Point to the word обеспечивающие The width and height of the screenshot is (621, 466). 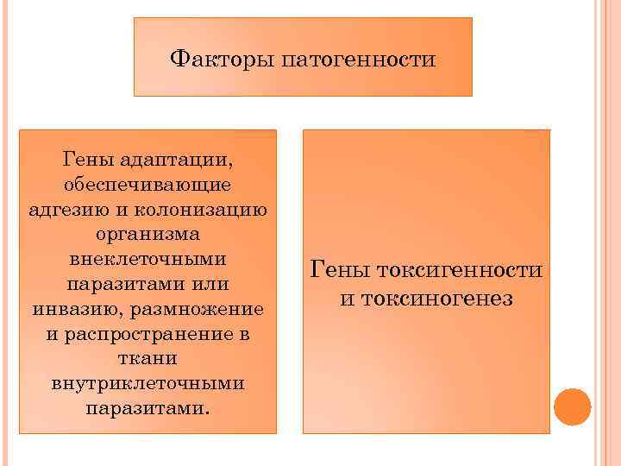(147, 185)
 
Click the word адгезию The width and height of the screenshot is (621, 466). (61, 210)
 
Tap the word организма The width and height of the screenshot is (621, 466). (147, 234)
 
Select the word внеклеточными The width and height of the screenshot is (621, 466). (147, 259)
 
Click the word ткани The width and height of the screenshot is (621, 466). (147, 357)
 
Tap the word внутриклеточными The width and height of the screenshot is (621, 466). (147, 381)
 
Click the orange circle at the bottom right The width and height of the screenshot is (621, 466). (572, 406)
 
